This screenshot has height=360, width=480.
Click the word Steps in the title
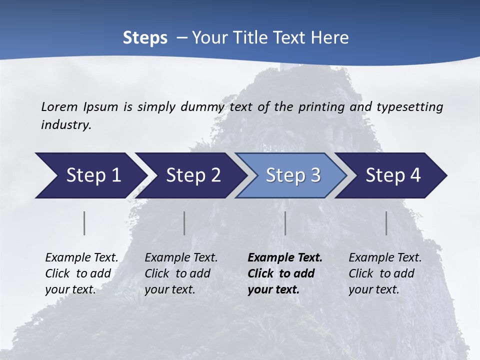point(145,38)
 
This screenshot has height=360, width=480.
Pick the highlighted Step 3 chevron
point(293,175)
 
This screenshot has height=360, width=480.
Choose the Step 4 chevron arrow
point(393,175)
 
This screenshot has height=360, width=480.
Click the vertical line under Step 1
point(84,223)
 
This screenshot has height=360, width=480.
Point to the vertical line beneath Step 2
point(184,223)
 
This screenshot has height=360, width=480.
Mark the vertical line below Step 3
point(285,223)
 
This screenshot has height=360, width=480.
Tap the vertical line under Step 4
point(386,223)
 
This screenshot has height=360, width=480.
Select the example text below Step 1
point(81,273)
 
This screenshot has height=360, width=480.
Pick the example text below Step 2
point(181,273)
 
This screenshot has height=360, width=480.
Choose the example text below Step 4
point(385,273)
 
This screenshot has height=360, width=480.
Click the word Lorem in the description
point(59,107)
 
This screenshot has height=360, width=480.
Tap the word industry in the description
point(66,125)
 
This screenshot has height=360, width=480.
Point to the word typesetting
point(409,107)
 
